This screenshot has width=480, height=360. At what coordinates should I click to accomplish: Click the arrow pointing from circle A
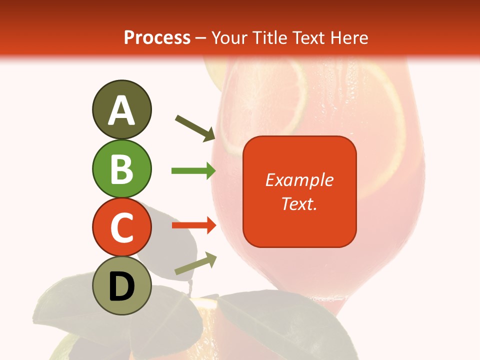coord(195,128)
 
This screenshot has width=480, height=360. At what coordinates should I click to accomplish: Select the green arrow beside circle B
coord(193,171)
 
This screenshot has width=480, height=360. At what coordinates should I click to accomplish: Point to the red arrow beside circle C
coord(193,225)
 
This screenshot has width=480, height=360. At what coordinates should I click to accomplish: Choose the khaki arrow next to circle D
coord(195,263)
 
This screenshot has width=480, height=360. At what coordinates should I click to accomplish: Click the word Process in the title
coord(157,37)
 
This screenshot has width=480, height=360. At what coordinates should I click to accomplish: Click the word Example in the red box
coord(299,180)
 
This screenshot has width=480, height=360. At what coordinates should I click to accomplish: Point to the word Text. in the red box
coord(299,203)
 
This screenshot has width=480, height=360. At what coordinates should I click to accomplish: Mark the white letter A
coord(121,111)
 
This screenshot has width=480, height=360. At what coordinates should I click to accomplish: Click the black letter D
coord(121,287)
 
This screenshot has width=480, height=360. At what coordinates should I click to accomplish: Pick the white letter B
coord(121,169)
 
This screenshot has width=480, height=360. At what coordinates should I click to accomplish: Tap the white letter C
coord(121,228)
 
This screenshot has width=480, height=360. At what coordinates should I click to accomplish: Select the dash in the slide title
coord(201,38)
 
